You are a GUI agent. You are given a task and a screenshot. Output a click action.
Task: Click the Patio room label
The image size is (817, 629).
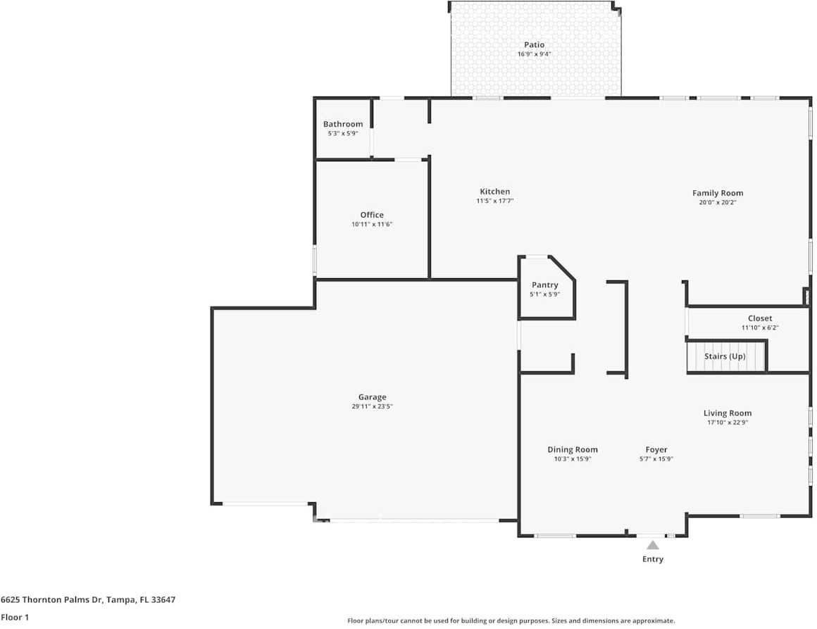click(x=534, y=45)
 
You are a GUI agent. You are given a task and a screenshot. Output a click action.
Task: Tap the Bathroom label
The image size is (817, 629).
click(x=343, y=124)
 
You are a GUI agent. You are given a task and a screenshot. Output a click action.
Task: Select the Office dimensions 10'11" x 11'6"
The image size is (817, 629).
click(x=371, y=224)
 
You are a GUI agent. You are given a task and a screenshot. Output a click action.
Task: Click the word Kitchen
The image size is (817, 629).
click(x=495, y=192)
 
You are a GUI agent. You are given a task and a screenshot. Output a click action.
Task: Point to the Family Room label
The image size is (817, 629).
click(x=718, y=193)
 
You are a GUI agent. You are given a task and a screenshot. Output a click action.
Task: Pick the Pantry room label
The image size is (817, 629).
click(x=544, y=285)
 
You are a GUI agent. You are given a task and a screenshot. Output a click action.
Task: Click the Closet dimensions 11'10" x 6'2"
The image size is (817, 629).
click(x=760, y=328)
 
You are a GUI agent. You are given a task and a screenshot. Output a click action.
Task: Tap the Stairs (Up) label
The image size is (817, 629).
click(x=725, y=356)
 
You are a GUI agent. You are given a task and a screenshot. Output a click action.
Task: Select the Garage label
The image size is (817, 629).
click(x=372, y=397)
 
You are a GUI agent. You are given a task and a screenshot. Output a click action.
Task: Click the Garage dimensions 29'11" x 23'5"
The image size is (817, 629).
click(x=372, y=406)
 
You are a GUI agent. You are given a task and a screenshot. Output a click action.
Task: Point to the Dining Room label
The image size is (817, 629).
click(x=572, y=449)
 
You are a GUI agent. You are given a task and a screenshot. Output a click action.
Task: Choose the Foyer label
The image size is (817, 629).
click(x=656, y=449)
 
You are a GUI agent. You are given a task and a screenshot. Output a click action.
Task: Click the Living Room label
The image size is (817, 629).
click(x=728, y=413)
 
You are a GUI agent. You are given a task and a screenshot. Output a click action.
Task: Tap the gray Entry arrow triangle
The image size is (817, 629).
click(x=653, y=545)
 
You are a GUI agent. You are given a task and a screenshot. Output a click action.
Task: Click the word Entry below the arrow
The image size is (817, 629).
click(x=653, y=559)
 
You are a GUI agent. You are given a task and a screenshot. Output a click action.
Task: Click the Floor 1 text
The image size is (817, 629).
click(x=15, y=618)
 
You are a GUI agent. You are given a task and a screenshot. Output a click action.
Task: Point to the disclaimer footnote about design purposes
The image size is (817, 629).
click(x=511, y=621)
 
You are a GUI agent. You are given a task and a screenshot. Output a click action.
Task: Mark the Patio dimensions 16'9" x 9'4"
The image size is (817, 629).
click(x=534, y=54)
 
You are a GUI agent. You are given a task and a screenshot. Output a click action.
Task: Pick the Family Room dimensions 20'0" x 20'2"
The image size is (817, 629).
click(x=718, y=202)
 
